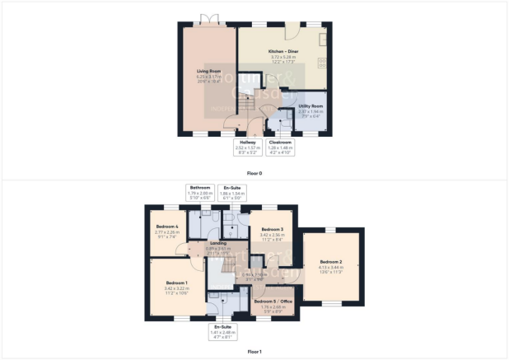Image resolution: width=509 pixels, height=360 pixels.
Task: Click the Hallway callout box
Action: point(248,148)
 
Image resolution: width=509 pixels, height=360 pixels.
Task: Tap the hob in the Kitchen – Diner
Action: point(323,63)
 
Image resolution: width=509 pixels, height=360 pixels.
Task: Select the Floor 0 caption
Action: point(254,174)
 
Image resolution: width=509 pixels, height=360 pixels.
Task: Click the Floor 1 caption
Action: point(254,351)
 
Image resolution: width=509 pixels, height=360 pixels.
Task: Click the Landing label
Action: point(217,244)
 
